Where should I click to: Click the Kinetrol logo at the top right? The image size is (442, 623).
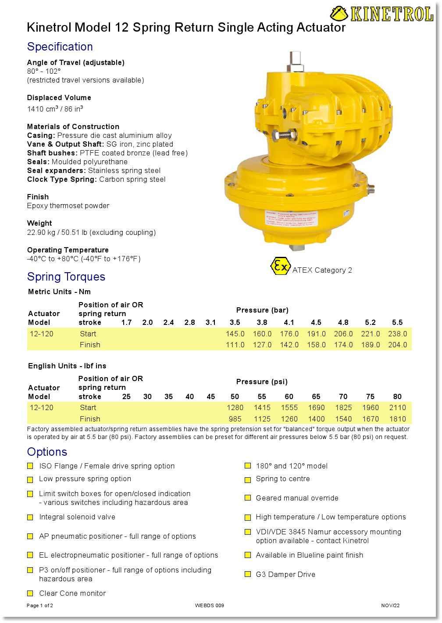(382, 14)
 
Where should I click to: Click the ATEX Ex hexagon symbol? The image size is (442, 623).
(280, 266)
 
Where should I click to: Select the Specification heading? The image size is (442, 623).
(60, 47)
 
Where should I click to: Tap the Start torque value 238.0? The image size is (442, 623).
(397, 334)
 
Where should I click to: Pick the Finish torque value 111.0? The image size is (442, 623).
(235, 345)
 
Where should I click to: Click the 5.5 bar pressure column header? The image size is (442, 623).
(397, 322)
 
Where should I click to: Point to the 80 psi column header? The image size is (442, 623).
(397, 396)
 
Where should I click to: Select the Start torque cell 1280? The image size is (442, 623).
(235, 407)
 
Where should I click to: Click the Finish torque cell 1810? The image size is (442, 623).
(397, 419)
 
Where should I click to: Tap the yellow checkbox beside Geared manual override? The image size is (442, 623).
(248, 498)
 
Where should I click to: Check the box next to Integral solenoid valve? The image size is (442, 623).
(30, 517)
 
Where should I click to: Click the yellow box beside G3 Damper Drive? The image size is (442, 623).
(248, 574)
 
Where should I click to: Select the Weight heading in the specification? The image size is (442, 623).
(39, 223)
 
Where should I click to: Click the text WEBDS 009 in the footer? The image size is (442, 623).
(209, 605)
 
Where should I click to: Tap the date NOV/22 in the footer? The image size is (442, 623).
(390, 605)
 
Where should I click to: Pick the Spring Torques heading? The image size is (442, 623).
(66, 277)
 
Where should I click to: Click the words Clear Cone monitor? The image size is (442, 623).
(72, 593)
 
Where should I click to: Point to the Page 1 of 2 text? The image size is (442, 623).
(40, 605)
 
